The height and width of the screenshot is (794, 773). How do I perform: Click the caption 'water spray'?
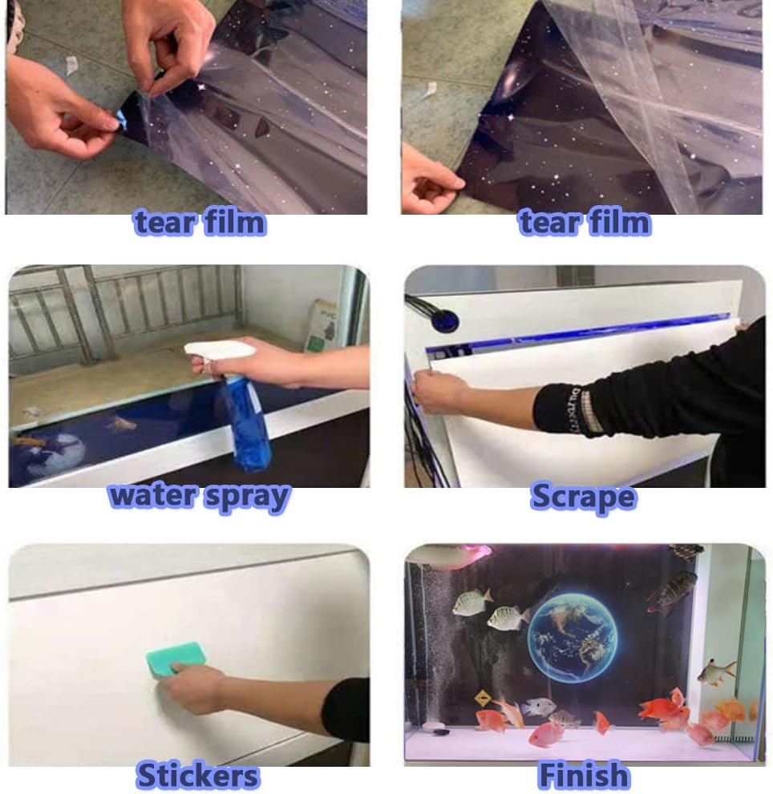click(x=199, y=497)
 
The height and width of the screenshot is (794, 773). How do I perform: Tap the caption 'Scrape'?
click(x=584, y=497)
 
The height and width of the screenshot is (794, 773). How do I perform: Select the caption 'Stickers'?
click(x=198, y=776)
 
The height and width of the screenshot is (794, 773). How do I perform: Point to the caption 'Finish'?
click(x=584, y=776)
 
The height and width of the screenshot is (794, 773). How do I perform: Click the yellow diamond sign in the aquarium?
click(x=483, y=699)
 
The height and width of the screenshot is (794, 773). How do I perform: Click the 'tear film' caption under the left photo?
click(x=200, y=223)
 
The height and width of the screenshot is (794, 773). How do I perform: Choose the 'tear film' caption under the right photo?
click(x=585, y=223)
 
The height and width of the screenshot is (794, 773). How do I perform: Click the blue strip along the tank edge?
click(x=578, y=333)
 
